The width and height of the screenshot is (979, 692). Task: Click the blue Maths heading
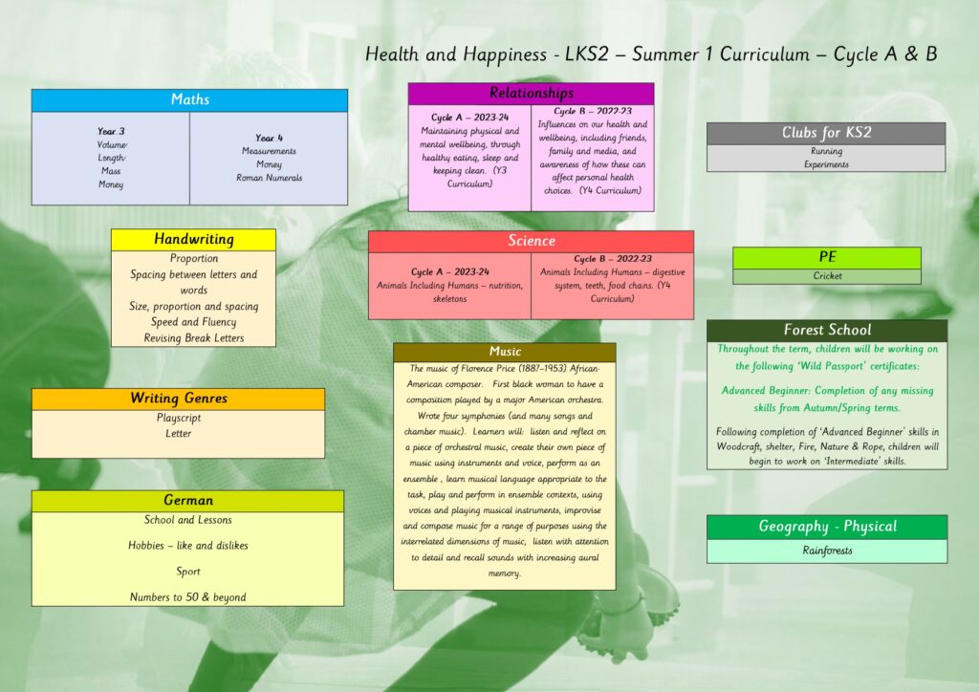[190, 99]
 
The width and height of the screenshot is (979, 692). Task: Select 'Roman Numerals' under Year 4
[269, 178]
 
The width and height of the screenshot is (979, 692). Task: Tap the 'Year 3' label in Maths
[111, 131]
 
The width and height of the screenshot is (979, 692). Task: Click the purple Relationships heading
[532, 93]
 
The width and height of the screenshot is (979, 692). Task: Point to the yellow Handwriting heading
[193, 239]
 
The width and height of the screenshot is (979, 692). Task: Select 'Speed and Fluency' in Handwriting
[193, 322]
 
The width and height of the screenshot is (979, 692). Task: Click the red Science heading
[532, 241]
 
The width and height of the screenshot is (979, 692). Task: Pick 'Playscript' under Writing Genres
[179, 418]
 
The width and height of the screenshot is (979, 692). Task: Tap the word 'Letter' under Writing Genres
[179, 433]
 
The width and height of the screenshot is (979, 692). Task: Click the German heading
[188, 501]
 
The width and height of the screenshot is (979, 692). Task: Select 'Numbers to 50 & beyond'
[188, 597]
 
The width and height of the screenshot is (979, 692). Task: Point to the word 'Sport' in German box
[188, 572]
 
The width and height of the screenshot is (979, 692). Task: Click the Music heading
[505, 352]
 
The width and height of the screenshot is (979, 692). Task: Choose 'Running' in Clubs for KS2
[827, 151]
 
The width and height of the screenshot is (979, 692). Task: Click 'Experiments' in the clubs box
[827, 164]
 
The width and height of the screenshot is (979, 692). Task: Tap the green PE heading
[827, 257]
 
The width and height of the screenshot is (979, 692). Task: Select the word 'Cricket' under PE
[827, 276]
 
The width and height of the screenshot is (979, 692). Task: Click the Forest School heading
[827, 330]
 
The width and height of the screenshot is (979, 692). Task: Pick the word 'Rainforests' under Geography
[827, 551]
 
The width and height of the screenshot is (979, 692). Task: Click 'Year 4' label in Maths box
[269, 138]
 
